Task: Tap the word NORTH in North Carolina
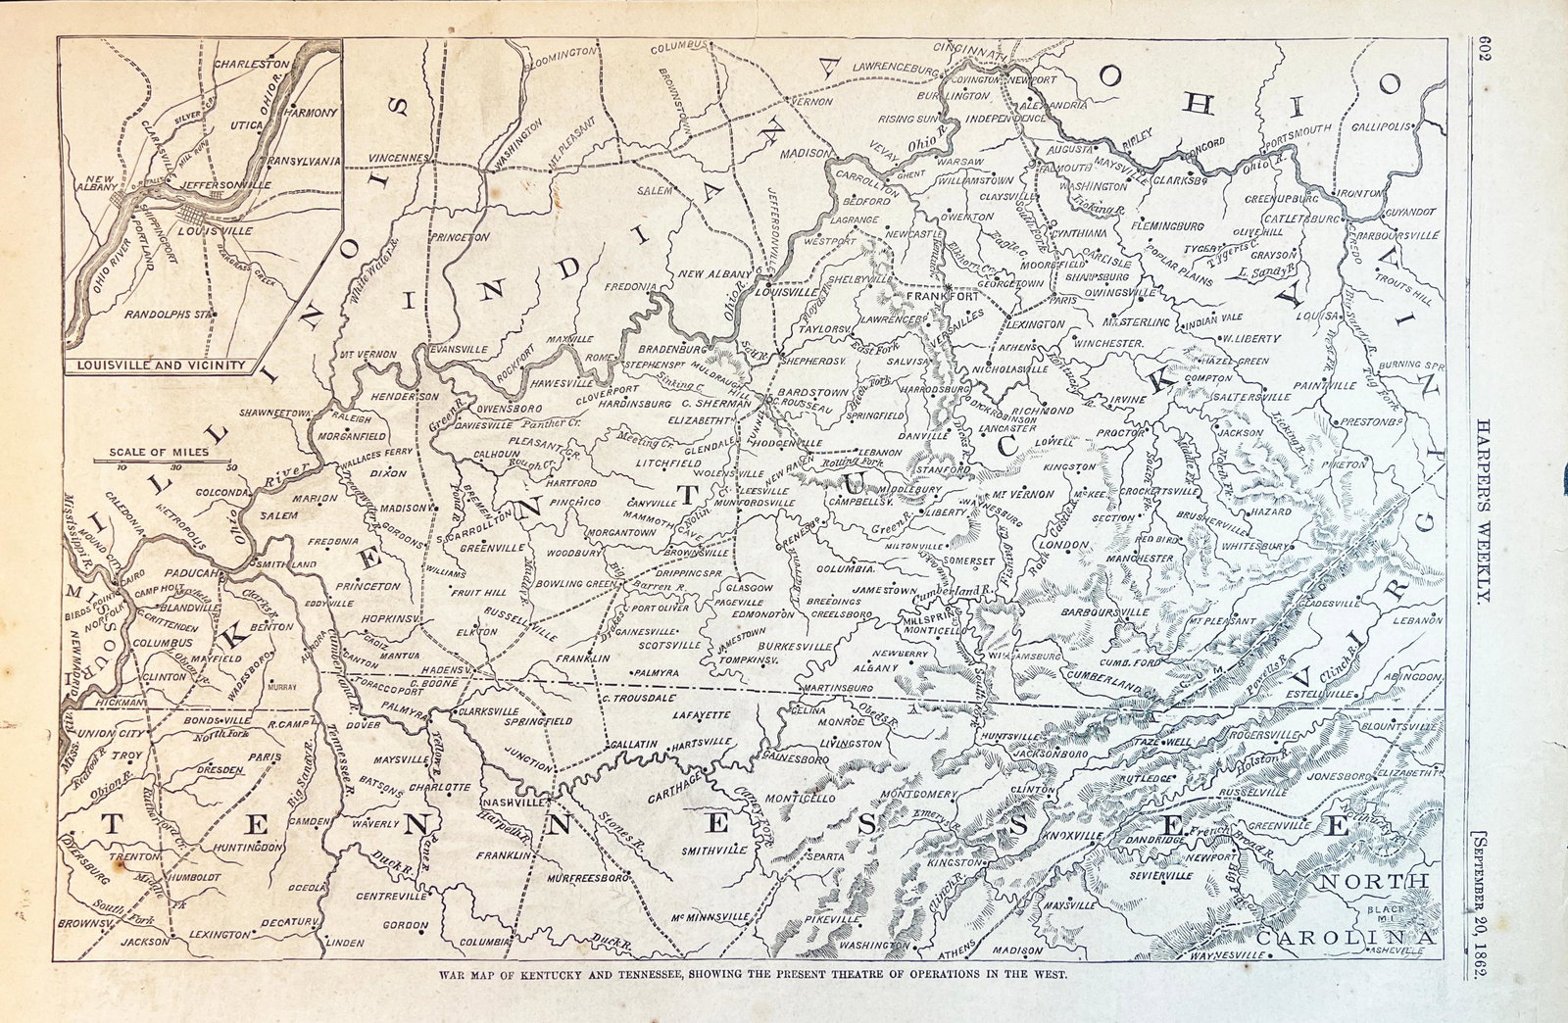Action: [x=1375, y=883]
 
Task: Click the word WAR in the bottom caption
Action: [x=450, y=976]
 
